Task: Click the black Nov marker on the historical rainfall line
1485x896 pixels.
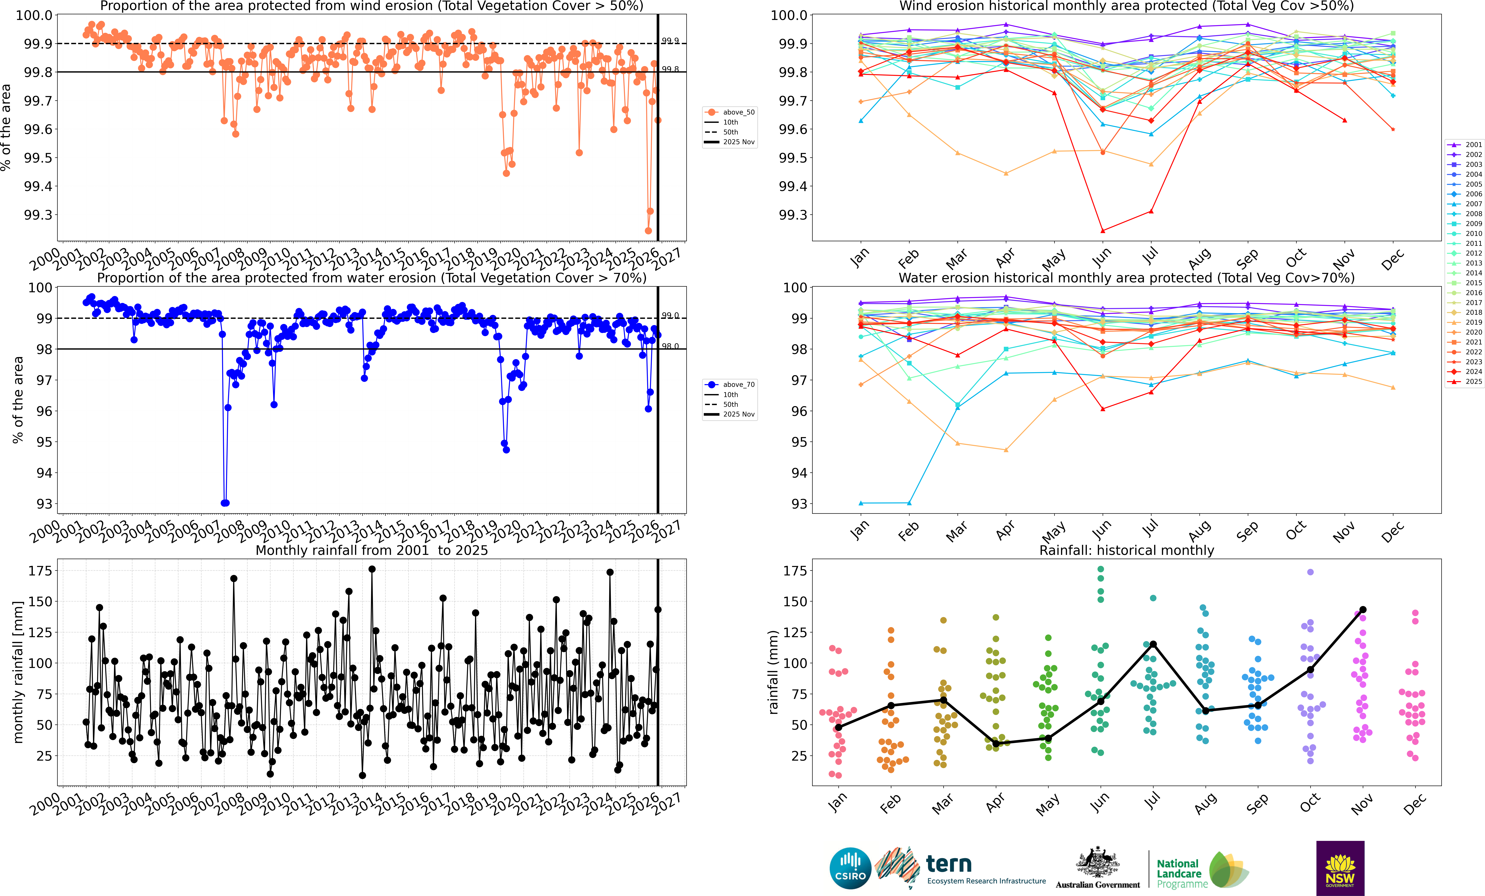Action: (x=1363, y=610)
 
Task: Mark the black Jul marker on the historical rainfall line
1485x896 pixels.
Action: (x=1153, y=644)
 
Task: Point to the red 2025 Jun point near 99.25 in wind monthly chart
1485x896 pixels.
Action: (x=1102, y=231)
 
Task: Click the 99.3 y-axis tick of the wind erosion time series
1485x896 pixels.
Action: (x=37, y=215)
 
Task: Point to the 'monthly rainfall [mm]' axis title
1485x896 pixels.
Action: (x=18, y=672)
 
